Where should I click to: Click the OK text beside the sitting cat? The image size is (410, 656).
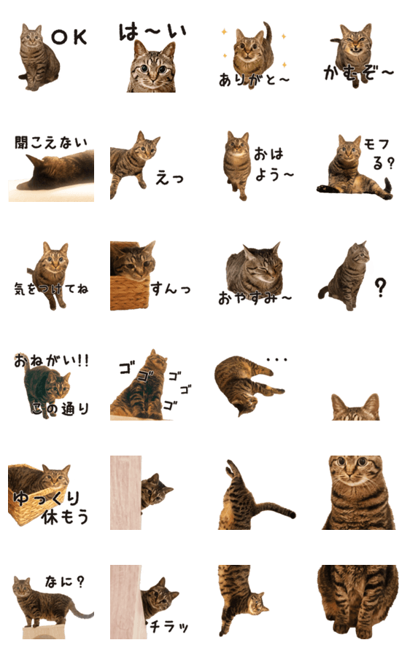69,37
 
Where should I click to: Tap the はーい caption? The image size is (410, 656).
152,31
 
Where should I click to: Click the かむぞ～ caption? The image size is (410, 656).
358,73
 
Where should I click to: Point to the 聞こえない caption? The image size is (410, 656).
51,143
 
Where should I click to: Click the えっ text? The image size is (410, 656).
169,179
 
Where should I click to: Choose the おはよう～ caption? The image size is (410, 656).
274,164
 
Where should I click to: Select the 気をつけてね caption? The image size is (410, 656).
51,288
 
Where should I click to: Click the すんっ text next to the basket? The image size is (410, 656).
171,289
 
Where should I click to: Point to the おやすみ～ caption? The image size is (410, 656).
255,298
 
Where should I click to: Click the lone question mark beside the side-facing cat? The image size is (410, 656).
380,288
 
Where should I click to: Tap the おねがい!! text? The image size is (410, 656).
51,360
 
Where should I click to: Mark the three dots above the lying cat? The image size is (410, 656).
276,359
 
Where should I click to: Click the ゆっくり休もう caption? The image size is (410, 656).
51,507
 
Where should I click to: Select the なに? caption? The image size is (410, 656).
64,582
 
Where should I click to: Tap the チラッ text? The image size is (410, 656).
169,626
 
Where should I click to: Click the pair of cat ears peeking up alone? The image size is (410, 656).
355,407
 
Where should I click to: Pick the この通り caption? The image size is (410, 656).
61,408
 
